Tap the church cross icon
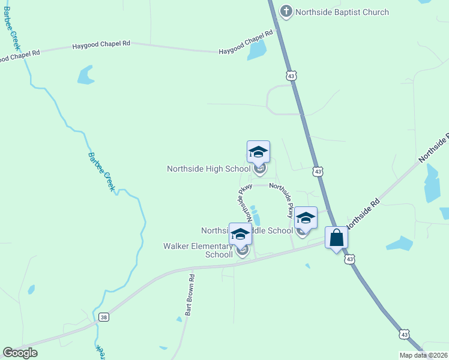tap(286, 11)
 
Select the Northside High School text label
tap(208, 169)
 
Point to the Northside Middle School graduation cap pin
tap(306, 219)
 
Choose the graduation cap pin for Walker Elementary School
tap(240, 235)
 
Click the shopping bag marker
tap(336, 237)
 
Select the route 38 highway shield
tap(104, 317)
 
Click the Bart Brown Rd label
tap(190, 295)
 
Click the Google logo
tap(20, 353)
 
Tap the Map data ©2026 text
tap(423, 355)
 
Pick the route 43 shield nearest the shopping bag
tap(349, 259)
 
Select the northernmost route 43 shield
tap(291, 76)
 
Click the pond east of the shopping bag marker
tap(399, 243)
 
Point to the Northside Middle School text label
tap(247, 230)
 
